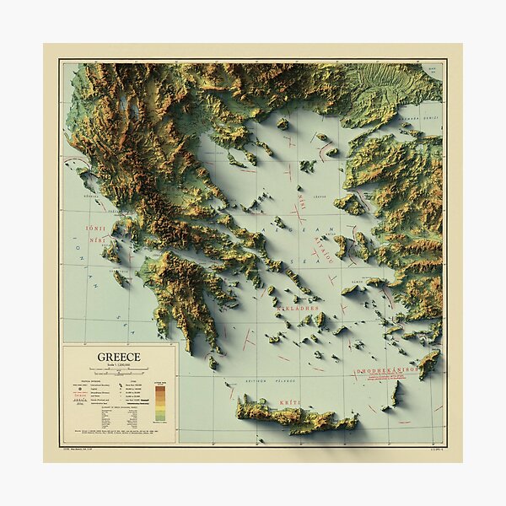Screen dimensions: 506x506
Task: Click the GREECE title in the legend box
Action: [119, 357]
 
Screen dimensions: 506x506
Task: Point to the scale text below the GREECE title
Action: [119, 367]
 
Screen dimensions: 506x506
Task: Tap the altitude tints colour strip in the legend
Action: [160, 403]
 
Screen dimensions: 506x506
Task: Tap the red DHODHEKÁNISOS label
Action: [387, 370]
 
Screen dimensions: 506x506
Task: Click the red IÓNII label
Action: [95, 229]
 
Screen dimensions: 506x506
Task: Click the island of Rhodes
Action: [428, 363]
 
